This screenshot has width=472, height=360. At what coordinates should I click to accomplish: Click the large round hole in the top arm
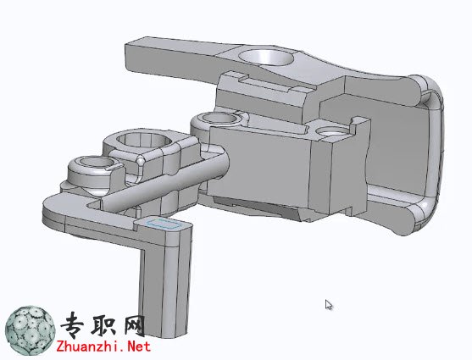(266, 58)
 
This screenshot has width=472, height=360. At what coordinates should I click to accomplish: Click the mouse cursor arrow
(329, 305)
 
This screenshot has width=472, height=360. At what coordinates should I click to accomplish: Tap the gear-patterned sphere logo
(31, 330)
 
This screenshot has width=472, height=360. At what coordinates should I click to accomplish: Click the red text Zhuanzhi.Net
(103, 346)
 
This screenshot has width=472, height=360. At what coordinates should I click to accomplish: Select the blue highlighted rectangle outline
(164, 224)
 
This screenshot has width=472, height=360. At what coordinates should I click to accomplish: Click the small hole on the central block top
(332, 131)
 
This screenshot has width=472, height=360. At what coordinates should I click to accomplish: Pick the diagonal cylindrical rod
(164, 180)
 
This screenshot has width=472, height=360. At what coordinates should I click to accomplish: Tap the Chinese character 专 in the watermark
(75, 324)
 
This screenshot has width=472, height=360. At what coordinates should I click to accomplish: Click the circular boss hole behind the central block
(219, 118)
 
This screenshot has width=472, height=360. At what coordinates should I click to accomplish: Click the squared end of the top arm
(132, 58)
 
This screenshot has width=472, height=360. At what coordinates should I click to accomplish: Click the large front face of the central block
(259, 165)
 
